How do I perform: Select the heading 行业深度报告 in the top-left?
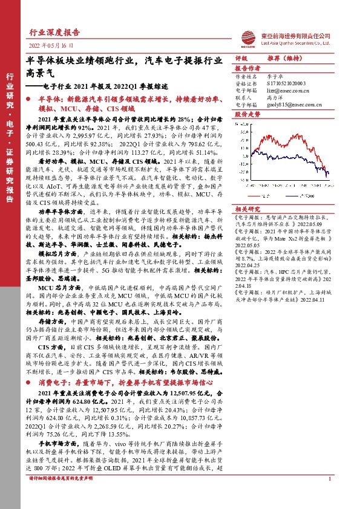54,33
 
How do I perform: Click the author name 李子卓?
273,77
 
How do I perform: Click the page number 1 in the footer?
329,496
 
